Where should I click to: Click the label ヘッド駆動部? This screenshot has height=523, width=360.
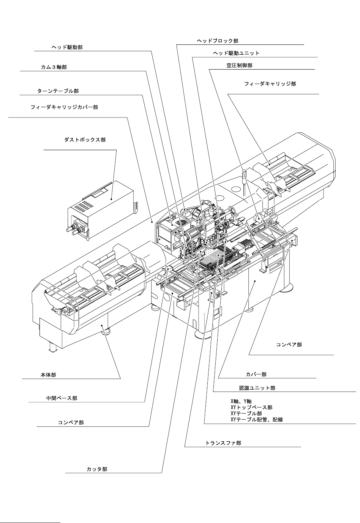pos(67,47)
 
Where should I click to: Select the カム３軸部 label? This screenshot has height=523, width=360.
pos(54,67)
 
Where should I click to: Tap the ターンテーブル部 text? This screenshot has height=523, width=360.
pos(58,91)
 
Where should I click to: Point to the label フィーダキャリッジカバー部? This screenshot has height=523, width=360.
pos(64,108)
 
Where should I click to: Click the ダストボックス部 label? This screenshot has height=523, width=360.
pos(85,140)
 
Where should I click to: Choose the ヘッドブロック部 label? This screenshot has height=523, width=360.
pos(218,41)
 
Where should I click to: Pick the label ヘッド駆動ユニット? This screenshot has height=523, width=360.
pos(236,53)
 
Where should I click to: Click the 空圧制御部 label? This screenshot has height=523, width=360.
pos(239,65)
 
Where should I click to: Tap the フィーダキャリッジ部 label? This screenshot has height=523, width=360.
pos(270,84)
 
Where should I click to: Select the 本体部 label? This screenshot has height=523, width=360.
pos(48,375)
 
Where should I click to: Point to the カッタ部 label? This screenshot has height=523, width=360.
pos(97,469)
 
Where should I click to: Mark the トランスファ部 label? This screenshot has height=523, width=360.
pos(223,443)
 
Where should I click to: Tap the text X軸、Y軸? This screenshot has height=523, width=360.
pos(241,401)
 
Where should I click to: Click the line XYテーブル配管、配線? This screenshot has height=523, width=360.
pos(257,420)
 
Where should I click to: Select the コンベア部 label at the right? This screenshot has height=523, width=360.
pos(289,345)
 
